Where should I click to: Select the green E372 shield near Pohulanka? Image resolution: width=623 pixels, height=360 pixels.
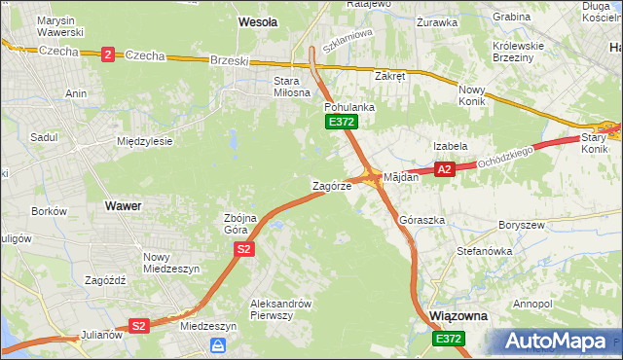tap(342, 122)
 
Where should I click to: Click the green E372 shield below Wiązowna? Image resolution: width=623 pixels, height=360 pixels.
tap(450, 338)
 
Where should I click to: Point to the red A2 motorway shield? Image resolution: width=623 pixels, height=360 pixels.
tap(445, 169)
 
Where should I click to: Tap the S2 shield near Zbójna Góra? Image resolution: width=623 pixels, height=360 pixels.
tap(244, 250)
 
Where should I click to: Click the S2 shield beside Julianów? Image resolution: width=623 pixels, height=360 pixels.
tap(139, 326)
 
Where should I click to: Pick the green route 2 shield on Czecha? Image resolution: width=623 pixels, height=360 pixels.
tap(106, 54)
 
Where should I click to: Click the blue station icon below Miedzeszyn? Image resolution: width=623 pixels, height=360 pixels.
tap(219, 345)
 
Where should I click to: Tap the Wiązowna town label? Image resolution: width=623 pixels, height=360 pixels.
tap(458, 317)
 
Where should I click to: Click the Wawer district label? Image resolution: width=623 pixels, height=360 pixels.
tap(123, 206)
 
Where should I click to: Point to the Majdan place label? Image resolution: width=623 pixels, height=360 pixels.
tap(401, 177)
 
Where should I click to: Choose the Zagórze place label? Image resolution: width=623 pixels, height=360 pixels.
tap(331, 185)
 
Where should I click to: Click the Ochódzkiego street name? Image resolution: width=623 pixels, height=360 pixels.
tap(509, 157)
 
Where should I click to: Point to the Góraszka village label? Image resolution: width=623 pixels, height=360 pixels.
tap(422, 221)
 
